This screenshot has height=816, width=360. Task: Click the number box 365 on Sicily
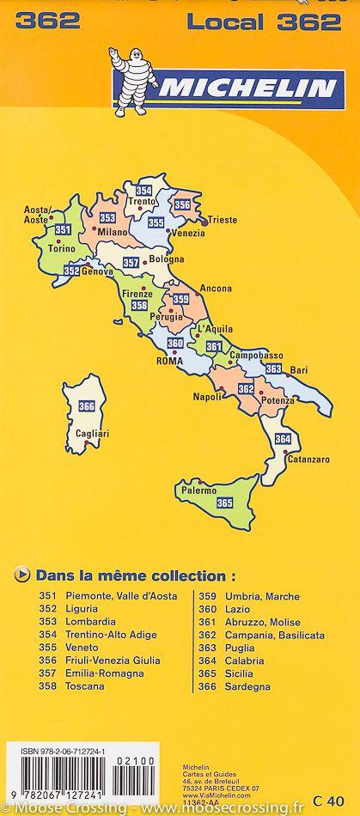pos(225,502)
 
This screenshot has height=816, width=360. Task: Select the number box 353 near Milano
pos(108,217)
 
